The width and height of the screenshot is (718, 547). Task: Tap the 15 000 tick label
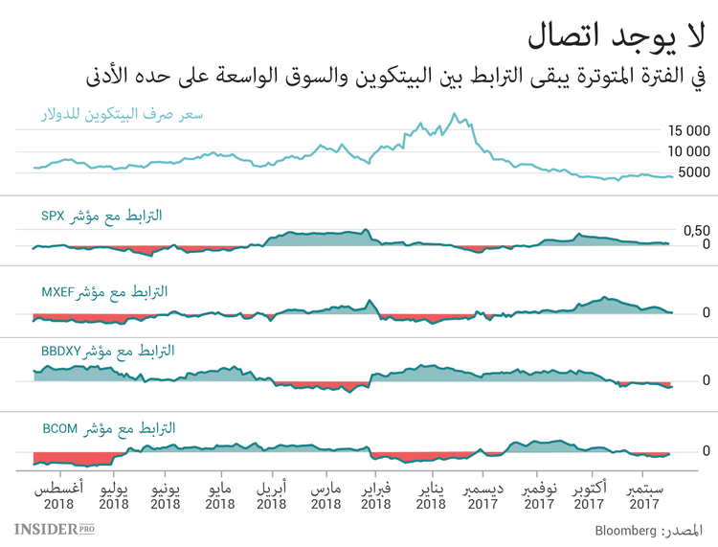coord(688,130)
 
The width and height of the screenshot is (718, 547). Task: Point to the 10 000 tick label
coord(688,151)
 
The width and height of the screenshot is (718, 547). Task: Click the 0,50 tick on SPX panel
coord(695,230)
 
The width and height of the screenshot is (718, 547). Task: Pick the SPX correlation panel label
coord(101,217)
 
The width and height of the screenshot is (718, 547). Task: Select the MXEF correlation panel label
coord(104,290)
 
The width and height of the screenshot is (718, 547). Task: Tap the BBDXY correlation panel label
coord(108,352)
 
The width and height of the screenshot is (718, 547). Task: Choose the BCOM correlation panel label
coord(105,428)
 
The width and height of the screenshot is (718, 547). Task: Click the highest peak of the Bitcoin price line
coord(455,115)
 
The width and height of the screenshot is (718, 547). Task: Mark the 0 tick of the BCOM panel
coord(706,450)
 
